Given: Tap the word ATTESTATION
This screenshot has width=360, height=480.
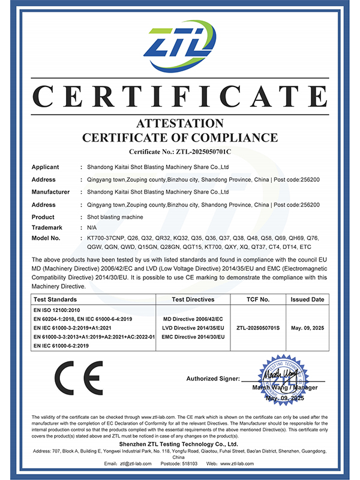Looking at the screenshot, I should [180, 124].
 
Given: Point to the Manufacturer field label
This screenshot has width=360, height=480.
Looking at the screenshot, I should [50, 192].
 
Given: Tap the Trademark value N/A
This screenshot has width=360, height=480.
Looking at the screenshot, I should [92, 227].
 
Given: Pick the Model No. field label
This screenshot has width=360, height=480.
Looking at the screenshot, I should [47, 238].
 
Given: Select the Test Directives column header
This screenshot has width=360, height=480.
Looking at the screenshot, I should [193, 299].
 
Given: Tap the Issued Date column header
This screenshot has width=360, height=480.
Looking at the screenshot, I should [308, 299].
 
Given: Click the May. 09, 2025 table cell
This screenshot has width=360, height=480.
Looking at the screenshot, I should [308, 328].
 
